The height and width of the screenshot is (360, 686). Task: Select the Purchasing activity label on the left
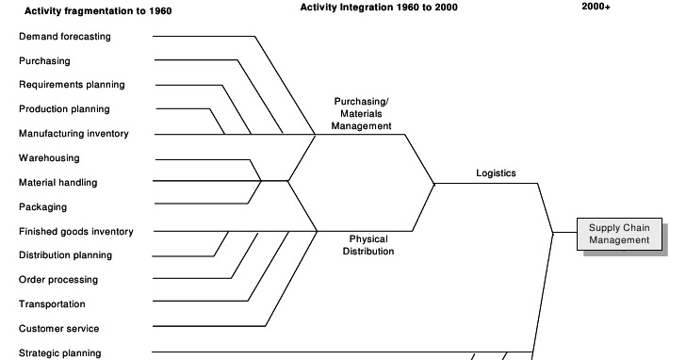pos(44,61)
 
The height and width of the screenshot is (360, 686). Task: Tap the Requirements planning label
pos(72,85)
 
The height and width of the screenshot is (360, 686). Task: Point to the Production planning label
pos(64,109)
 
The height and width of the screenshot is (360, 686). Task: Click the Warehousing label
pos(49,158)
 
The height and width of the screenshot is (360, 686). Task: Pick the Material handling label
pos(57,183)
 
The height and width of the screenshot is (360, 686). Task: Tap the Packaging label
pos(42,207)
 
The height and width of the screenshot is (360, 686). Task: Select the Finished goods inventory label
pos(75,232)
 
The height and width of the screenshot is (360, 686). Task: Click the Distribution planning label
pos(65,255)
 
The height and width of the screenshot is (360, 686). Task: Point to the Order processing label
pos(58,280)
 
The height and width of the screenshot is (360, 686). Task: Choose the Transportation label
pos(52,304)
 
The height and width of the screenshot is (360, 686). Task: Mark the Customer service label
pos(58,329)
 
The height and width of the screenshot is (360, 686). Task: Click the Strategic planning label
pos(59,353)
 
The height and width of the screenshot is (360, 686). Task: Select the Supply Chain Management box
pos(619,234)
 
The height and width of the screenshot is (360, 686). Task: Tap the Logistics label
pos(496,172)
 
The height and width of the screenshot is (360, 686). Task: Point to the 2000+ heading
pos(596,8)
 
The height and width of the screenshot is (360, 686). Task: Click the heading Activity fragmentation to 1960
pos(85,11)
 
